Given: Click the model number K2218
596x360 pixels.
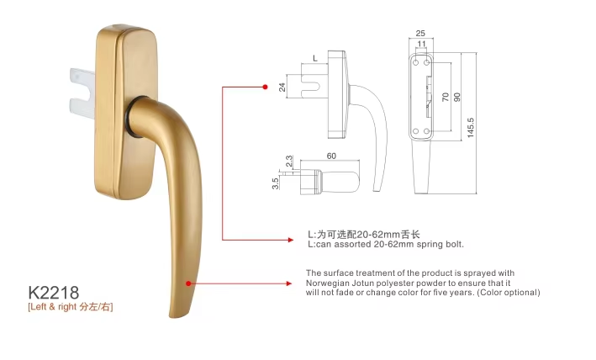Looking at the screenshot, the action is [x=54, y=293].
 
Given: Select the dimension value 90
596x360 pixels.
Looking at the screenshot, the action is [x=457, y=97].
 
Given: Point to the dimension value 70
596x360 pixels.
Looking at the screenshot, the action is [x=446, y=97].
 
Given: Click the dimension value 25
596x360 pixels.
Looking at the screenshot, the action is [x=420, y=34].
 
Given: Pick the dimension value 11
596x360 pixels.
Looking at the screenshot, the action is [x=421, y=44].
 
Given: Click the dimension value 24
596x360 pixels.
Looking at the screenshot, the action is [x=282, y=87].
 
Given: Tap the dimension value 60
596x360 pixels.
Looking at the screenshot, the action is [x=331, y=156].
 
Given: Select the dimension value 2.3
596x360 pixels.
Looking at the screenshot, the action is [x=289, y=161].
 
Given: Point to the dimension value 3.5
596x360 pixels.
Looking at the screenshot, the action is [x=276, y=183].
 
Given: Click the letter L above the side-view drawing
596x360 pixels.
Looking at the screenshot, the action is [x=314, y=58].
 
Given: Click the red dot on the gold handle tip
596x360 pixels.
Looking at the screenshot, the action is [x=188, y=283].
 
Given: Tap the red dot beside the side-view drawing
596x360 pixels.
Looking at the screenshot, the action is [x=265, y=87].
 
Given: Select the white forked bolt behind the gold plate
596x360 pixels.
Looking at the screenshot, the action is [x=82, y=93].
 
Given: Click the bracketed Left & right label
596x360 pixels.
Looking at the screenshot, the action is [x=71, y=307].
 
